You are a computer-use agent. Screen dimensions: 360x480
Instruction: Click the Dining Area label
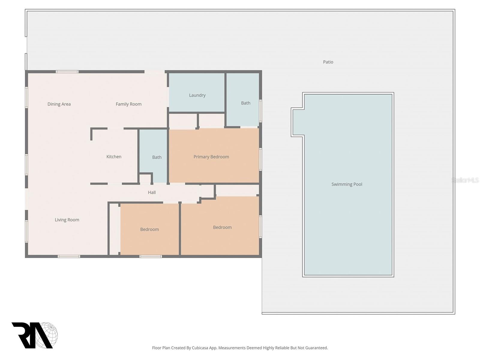point(59,104)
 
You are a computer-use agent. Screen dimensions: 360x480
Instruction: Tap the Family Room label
point(128,104)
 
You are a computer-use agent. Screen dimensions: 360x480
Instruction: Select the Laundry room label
point(197,95)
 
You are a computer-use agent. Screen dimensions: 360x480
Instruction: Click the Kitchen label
point(114,157)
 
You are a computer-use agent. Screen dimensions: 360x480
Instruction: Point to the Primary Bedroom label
point(211,157)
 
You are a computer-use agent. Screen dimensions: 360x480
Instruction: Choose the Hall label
point(152,192)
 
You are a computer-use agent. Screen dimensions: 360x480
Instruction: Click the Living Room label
point(67,220)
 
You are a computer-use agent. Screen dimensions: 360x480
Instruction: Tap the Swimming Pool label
point(347,184)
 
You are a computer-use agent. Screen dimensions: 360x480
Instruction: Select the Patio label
point(328,62)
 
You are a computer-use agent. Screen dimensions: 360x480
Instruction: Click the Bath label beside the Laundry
point(246,103)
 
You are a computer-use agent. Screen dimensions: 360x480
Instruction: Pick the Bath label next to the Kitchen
point(157,157)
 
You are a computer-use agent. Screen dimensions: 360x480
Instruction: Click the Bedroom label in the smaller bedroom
point(149,229)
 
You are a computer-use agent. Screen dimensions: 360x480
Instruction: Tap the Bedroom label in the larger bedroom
point(222,227)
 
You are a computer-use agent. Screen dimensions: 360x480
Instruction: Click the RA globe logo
point(34,335)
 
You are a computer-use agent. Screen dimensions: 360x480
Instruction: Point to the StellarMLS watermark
point(465,180)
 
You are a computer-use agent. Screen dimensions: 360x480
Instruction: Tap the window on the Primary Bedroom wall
point(260,159)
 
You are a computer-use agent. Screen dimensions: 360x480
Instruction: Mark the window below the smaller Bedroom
point(151,256)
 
